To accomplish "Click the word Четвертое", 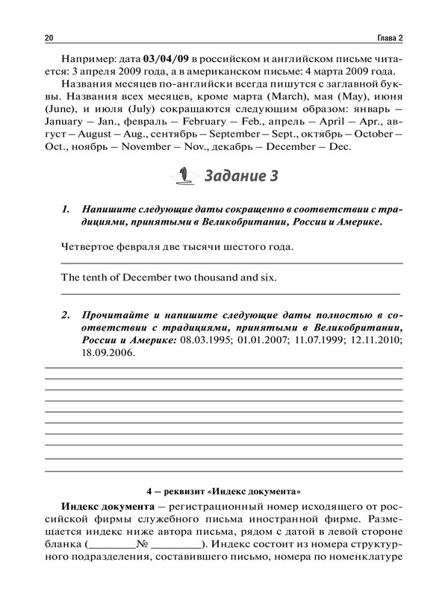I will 84,246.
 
